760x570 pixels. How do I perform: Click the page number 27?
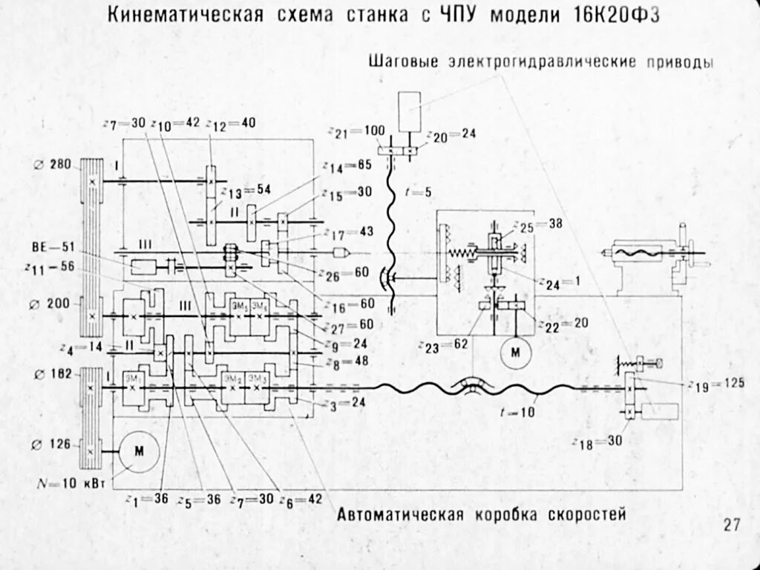[732, 525]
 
